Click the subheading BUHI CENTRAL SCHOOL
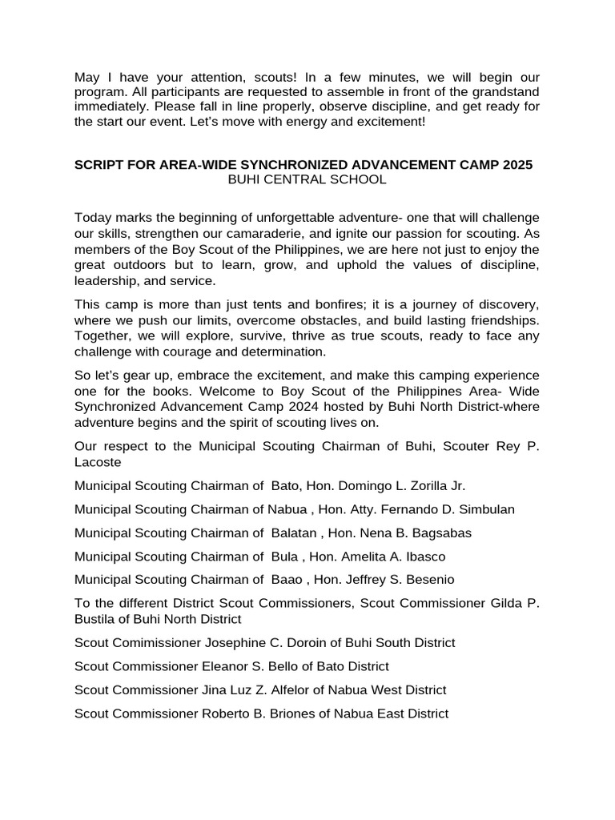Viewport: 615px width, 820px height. point(307,179)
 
